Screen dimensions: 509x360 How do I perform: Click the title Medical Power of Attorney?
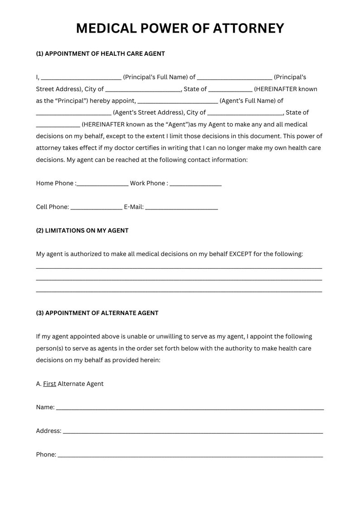pos(180,29)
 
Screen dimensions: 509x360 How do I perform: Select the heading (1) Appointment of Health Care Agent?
pos(100,53)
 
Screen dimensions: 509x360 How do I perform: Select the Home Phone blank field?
pos(103,184)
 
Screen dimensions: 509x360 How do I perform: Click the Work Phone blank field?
pos(195,184)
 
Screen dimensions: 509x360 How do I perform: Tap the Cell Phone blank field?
pos(96,208)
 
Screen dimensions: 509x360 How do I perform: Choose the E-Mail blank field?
pos(181,208)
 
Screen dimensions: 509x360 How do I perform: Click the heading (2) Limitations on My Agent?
pos(82,230)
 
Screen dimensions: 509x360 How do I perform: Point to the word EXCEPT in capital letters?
pos(240,254)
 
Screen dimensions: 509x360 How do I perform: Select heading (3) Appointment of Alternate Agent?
pos(97,313)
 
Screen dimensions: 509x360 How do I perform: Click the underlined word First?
pos(49,383)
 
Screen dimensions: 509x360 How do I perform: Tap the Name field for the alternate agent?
pos(190,408)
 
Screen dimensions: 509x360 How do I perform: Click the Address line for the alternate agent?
pos(193,431)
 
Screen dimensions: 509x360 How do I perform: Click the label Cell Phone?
pos(52,207)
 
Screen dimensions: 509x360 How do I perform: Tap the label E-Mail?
pos(134,207)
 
